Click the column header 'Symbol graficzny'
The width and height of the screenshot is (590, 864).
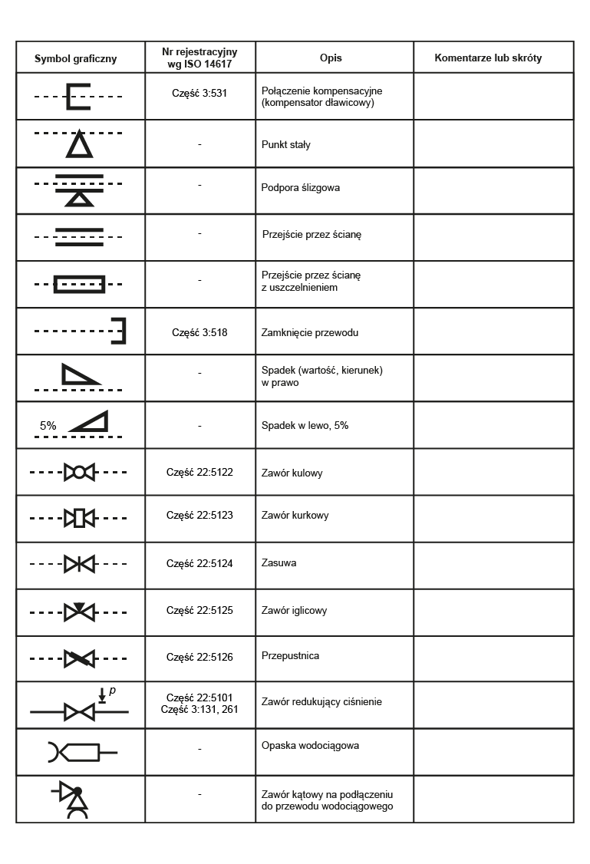(75, 58)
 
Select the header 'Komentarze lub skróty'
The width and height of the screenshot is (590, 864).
(488, 58)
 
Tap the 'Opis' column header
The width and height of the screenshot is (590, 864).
(331, 58)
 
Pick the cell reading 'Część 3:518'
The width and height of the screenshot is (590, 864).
(199, 333)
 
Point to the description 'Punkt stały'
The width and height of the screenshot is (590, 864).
(286, 144)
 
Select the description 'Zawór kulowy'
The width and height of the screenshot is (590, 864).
(292, 473)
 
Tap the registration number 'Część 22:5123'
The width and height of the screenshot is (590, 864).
(199, 516)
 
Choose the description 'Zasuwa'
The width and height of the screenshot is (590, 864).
(279, 563)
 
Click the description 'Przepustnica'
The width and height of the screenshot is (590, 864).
(290, 657)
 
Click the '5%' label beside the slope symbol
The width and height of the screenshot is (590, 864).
(48, 425)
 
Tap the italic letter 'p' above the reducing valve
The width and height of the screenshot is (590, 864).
(112, 691)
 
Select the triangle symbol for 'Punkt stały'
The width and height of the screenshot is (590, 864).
(79, 146)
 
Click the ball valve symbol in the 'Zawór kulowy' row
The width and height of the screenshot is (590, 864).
(79, 472)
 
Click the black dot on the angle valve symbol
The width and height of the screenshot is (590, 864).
(77, 791)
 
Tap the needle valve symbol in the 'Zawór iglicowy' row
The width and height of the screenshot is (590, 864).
(79, 612)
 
